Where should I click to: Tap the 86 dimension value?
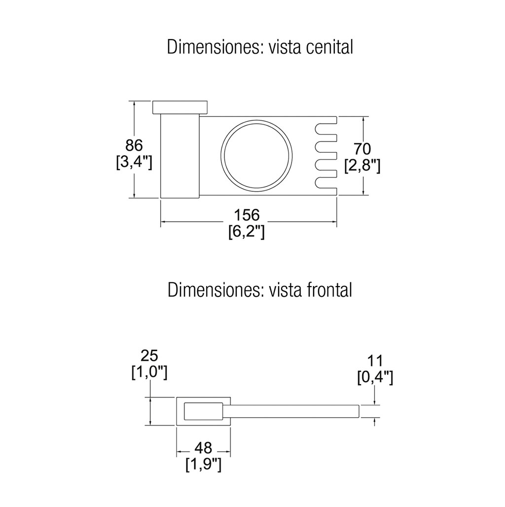click(x=134, y=146)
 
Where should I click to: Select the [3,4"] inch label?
click(x=134, y=163)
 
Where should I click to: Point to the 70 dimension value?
click(x=362, y=149)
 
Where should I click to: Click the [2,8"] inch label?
click(x=362, y=166)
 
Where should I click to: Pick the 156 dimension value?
click(x=247, y=215)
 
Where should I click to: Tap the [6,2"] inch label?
click(x=247, y=231)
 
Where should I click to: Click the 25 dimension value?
click(x=149, y=356)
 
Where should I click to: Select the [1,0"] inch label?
click(x=149, y=372)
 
